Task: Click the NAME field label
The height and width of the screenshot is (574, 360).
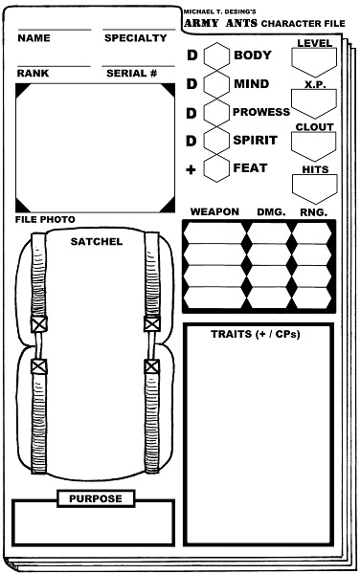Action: point(34,38)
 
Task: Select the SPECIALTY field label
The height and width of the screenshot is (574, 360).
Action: point(135,38)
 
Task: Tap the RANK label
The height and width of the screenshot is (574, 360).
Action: point(34,73)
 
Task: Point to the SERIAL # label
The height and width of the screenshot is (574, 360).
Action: point(131,73)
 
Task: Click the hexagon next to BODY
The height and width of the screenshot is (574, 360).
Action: point(215,55)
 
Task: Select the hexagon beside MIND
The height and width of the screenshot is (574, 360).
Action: point(215,84)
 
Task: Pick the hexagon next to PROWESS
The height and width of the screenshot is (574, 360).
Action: point(215,112)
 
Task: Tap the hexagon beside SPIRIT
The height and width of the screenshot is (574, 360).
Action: point(215,141)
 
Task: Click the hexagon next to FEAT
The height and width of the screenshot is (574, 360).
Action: point(215,168)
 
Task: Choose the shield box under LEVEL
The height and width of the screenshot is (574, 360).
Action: point(314,63)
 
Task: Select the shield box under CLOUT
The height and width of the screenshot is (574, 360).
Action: point(314,145)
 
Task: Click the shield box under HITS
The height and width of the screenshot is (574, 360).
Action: point(314,187)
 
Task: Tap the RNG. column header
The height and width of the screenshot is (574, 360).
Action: point(313,211)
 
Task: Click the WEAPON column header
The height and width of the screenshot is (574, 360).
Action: point(214,211)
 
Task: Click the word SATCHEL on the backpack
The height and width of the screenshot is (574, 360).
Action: point(96,242)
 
